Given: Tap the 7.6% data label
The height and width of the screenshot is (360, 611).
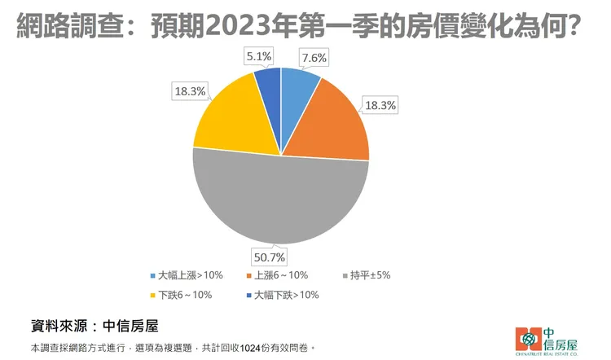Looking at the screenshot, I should coord(313,57).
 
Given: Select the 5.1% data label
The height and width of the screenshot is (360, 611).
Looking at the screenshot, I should coord(259,56).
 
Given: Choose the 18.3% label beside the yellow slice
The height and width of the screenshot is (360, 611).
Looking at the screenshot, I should coord(191,91).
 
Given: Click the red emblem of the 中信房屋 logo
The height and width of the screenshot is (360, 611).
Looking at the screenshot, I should coord(529,336).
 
